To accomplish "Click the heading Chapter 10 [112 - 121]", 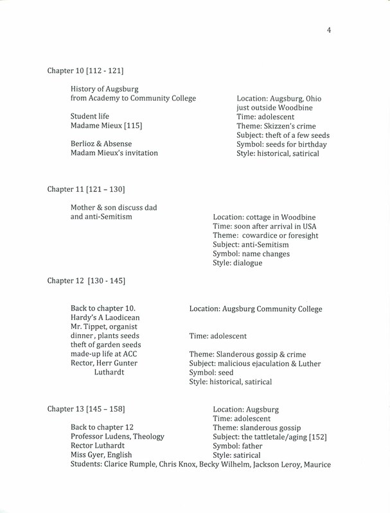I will (x=86, y=70).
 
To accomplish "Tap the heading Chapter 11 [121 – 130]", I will (x=86, y=190).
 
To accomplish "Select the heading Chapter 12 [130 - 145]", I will (x=86, y=281).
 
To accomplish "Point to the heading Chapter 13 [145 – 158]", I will (x=86, y=408).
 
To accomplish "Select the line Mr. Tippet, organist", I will (x=107, y=328).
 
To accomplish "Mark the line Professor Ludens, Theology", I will (x=118, y=437).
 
